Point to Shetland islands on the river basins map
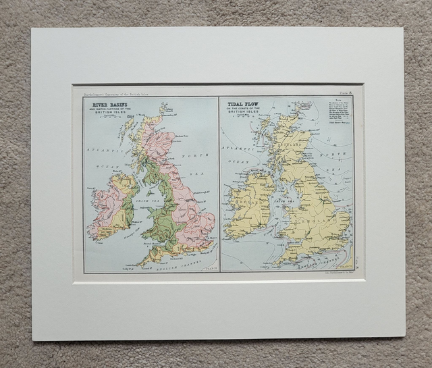[x=163, y=107]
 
